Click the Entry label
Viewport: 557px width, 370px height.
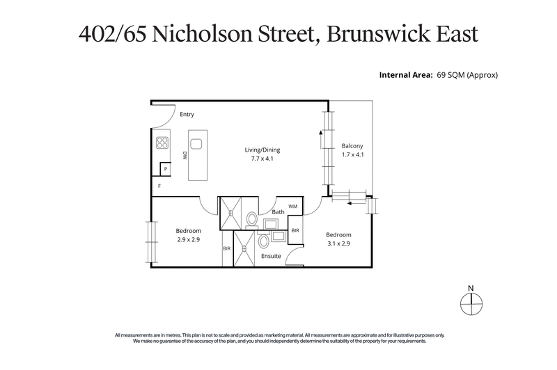coord(187,114)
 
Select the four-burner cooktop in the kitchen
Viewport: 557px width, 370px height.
coord(162,143)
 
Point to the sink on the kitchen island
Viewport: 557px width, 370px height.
coord(196,144)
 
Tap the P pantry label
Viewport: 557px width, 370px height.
coord(165,169)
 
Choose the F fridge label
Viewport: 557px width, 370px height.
coord(159,186)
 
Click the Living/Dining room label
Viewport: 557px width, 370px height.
coord(262,150)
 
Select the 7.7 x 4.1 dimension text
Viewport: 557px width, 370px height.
coord(262,159)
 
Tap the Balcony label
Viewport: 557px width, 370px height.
coord(352,145)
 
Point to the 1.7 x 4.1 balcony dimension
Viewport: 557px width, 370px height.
coord(352,154)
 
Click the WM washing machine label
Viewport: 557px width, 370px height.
coord(292,207)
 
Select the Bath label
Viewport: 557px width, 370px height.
coord(278,211)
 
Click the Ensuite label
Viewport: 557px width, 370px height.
coord(271,256)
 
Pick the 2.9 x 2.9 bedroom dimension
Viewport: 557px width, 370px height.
coord(188,240)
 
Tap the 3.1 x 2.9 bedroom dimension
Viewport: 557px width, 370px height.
coord(338,243)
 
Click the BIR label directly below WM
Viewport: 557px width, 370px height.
coord(295,230)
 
